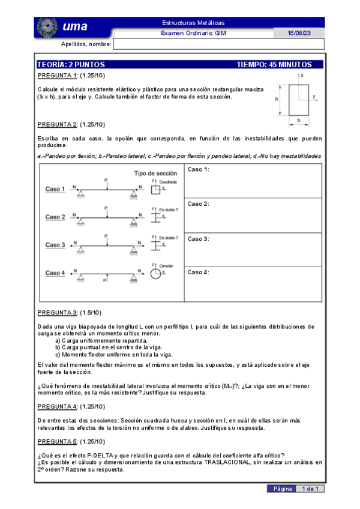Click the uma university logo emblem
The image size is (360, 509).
pyautogui.click(x=47, y=26)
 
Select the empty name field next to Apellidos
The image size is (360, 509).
pyautogui.click(x=219, y=44)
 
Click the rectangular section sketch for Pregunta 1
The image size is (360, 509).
pyautogui.click(x=298, y=100)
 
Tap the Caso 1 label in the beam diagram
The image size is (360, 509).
pyautogui.click(x=55, y=188)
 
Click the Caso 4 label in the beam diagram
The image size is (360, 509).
pyautogui.click(x=55, y=273)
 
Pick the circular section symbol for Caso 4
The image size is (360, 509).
pyautogui.click(x=155, y=274)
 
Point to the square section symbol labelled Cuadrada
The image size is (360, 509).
pyautogui.click(x=155, y=190)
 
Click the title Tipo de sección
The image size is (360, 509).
pyautogui.click(x=155, y=173)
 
